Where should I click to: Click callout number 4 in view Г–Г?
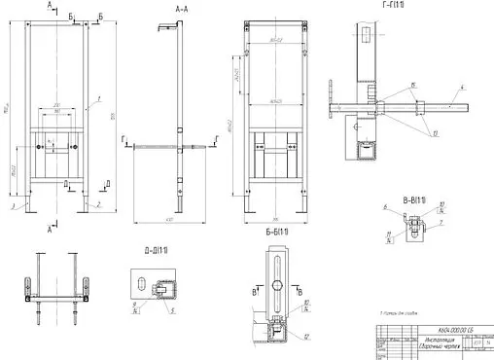pyautogui.click(x=461, y=87)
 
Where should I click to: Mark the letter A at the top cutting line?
pyautogui.click(x=49, y=6)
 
